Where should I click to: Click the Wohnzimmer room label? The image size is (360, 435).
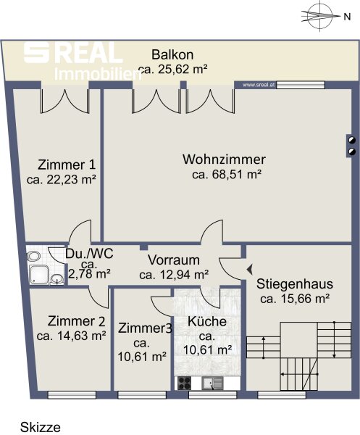click(x=224, y=159)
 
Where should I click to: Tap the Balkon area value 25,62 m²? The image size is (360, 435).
click(x=173, y=70)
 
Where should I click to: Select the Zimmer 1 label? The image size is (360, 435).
click(x=67, y=165)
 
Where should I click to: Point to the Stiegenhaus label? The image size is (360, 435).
click(x=295, y=284)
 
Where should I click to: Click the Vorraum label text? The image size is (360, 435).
click(x=174, y=260)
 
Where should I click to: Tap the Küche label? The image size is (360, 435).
click(x=207, y=321)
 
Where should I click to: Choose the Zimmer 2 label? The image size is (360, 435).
click(x=77, y=321)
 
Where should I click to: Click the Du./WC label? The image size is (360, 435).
click(x=89, y=253)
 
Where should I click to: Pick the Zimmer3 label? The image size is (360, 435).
click(x=145, y=328)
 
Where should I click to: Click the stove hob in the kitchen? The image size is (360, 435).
click(x=184, y=383)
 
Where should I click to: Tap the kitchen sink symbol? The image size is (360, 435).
click(x=212, y=384)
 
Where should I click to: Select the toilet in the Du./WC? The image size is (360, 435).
click(x=33, y=257)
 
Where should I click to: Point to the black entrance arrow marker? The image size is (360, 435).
click(x=250, y=269)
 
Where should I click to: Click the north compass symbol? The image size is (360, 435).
click(x=320, y=16)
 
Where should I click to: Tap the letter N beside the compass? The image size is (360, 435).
click(x=347, y=17)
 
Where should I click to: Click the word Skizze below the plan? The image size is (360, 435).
click(x=41, y=427)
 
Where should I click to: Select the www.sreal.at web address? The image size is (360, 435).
click(x=259, y=85)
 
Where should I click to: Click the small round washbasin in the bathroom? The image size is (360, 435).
click(x=57, y=278)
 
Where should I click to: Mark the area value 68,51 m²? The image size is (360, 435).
click(x=227, y=175)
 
